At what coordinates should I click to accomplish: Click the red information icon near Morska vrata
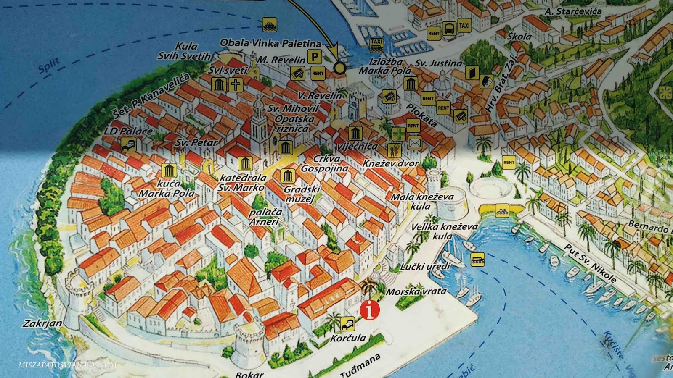click(x=370, y=310)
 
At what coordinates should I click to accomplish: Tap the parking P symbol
click(x=314, y=57)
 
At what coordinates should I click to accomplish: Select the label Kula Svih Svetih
click(x=185, y=51)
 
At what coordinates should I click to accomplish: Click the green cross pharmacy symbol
click(x=399, y=134)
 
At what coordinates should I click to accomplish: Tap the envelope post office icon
click(x=415, y=143)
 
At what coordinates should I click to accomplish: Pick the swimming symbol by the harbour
click(x=502, y=210)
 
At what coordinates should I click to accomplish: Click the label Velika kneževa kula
click(x=444, y=231)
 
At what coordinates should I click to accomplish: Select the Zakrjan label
click(x=42, y=323)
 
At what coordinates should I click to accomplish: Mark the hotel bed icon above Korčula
click(x=347, y=324)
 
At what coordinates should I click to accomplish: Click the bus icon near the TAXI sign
click(x=449, y=29)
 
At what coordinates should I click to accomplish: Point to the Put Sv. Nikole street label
click(x=591, y=264)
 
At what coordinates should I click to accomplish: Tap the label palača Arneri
click(x=265, y=217)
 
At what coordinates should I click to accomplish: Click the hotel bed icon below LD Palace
click(x=129, y=145)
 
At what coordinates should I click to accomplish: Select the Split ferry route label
click(x=49, y=66)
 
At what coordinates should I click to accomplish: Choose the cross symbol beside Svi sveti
click(x=236, y=85)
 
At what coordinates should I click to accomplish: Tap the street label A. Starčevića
click(x=573, y=11)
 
